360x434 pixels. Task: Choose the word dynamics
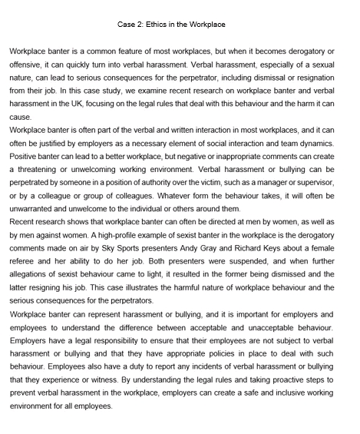(x=315, y=144)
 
